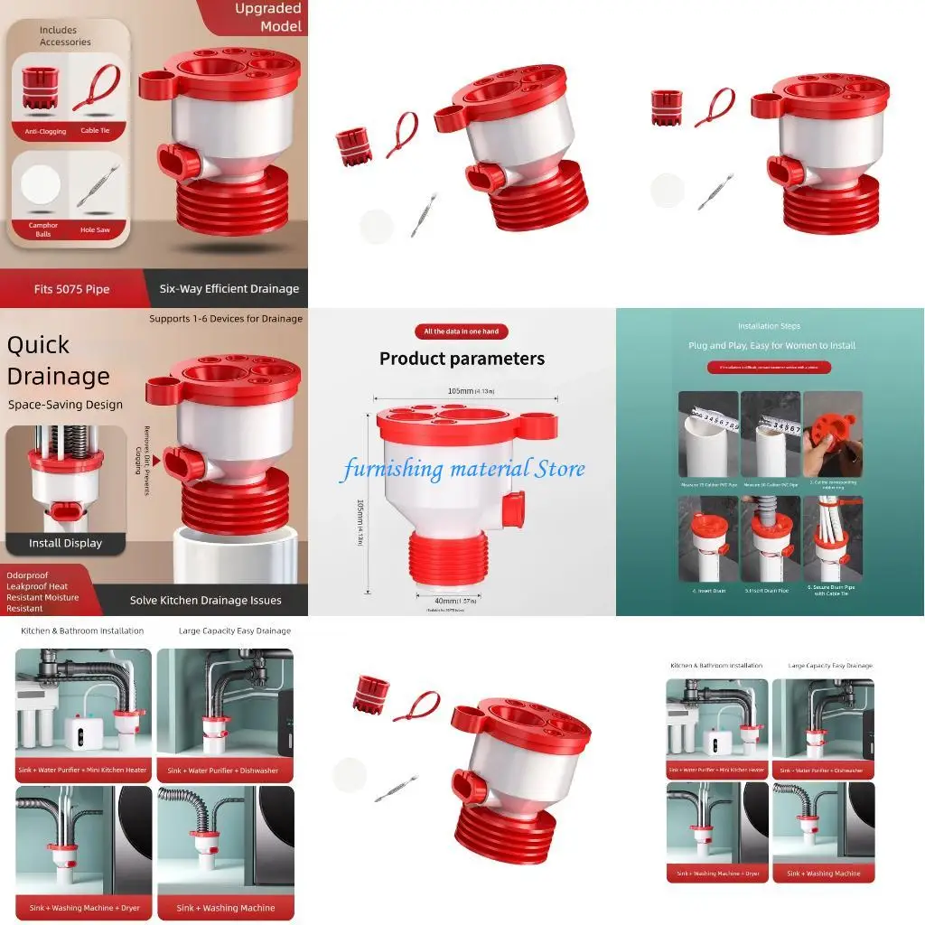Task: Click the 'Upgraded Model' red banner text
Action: (267, 17)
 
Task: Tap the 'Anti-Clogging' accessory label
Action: (40, 132)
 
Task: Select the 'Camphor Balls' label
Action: (42, 229)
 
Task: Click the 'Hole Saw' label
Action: (95, 229)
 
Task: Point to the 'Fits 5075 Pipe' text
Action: (71, 289)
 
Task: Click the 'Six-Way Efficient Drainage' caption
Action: (229, 289)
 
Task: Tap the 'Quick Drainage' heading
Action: (58, 360)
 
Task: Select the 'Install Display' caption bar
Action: (65, 543)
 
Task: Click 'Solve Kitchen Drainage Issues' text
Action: (205, 600)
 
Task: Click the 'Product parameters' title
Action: (462, 359)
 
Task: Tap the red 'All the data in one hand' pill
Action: (461, 332)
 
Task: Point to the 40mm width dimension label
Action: (449, 602)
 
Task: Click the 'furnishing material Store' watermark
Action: (462, 469)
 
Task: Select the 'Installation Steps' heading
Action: (769, 326)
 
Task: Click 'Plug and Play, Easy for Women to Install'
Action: (770, 345)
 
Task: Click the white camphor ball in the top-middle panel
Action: (376, 225)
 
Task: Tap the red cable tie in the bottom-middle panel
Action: (416, 705)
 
